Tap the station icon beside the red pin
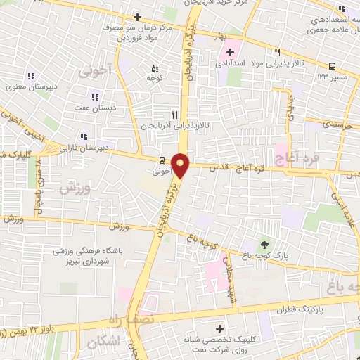click(x=162, y=160)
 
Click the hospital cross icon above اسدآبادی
click(x=230, y=52)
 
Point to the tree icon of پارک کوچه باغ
click(x=264, y=244)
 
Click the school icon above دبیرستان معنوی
click(x=31, y=76)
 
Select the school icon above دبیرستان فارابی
click(x=84, y=137)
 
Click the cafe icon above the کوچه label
click(x=155, y=68)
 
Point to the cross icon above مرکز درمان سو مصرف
click(x=137, y=17)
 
